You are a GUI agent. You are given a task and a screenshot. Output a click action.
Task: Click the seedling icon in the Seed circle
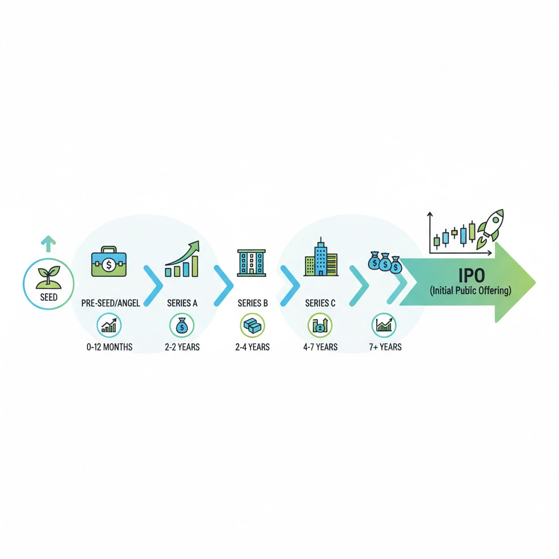click(49, 277)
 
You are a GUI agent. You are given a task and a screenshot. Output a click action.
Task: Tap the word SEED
click(49, 298)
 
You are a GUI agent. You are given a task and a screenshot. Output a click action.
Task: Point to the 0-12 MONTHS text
click(109, 347)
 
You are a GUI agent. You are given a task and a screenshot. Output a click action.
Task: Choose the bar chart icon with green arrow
click(182, 261)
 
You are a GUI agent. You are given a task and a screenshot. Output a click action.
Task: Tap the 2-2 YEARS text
click(182, 347)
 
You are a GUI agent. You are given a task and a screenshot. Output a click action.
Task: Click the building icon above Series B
click(251, 262)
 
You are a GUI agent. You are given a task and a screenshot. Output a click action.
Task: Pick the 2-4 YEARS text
click(252, 347)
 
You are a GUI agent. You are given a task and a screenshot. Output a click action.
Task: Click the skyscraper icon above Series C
click(320, 258)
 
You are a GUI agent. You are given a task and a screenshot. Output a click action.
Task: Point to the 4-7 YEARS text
click(320, 347)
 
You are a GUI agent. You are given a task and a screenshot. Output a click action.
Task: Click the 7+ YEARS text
click(385, 347)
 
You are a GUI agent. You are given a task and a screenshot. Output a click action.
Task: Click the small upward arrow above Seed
click(49, 243)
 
